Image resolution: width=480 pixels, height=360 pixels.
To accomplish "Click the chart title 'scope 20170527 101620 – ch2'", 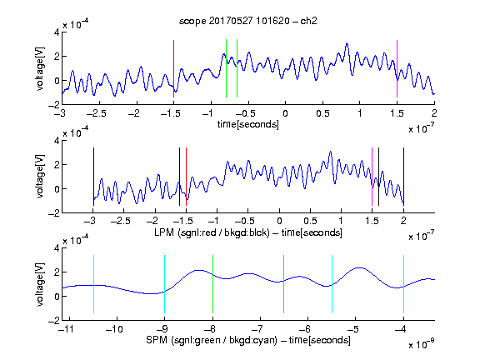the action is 247,21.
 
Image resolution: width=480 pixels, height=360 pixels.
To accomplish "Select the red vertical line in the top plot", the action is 173,68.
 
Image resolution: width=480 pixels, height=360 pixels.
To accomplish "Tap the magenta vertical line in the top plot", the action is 397,68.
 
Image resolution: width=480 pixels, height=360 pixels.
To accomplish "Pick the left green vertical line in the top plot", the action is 226,68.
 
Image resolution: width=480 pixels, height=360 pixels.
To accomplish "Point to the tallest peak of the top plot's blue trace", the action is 347,43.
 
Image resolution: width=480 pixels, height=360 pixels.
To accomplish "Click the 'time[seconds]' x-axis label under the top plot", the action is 248,124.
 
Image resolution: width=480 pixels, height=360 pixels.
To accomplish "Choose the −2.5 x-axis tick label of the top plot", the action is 96,113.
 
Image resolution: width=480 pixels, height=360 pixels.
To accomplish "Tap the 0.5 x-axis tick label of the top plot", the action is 322,113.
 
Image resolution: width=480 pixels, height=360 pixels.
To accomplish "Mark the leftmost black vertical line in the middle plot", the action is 93,177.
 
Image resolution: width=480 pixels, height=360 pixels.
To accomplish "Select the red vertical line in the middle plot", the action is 186,177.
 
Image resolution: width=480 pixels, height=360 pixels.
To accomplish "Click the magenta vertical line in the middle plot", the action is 372,177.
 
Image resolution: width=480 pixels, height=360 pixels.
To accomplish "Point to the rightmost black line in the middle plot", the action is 403,177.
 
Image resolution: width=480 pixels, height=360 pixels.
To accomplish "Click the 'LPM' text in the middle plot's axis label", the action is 164,232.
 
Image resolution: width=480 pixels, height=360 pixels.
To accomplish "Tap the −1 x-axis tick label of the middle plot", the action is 213,221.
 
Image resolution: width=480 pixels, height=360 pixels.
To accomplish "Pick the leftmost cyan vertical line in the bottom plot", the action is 93,284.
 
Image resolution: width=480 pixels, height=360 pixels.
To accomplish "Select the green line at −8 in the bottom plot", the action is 212,284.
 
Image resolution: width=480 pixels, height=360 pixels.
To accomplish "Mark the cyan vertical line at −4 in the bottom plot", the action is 403,284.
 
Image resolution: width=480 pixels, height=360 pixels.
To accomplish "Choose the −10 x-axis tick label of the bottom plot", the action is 114,329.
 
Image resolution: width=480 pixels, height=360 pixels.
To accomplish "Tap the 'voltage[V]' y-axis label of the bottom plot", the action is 40,284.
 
